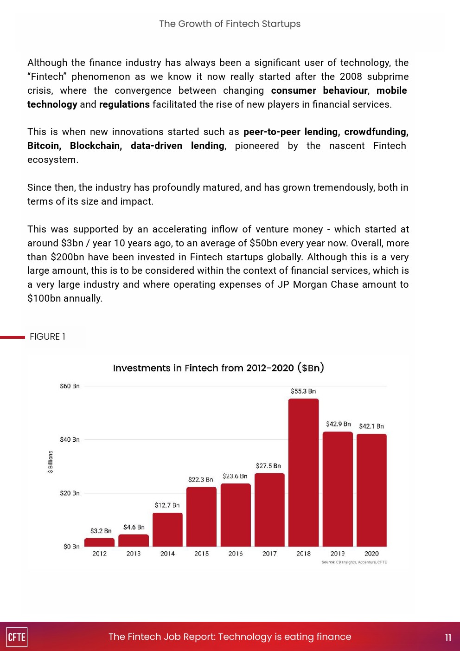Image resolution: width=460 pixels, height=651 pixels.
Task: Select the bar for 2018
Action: [x=303, y=472]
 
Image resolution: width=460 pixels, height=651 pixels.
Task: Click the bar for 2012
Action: [x=99, y=542]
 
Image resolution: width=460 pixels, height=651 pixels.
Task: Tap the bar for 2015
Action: [x=201, y=516]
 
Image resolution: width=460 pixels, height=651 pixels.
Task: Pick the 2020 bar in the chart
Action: [x=371, y=490]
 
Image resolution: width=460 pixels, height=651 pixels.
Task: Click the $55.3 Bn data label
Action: [x=303, y=391]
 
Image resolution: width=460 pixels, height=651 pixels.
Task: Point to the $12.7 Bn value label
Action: [x=167, y=505]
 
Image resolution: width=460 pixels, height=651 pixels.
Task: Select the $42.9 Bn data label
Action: [x=338, y=424]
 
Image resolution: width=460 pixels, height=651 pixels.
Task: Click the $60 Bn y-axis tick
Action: [x=70, y=386]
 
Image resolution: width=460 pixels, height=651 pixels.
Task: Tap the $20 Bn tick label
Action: [x=70, y=493]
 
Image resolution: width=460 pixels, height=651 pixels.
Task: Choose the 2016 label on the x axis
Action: [x=236, y=554]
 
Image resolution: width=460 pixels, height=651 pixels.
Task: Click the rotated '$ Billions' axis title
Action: [x=51, y=462]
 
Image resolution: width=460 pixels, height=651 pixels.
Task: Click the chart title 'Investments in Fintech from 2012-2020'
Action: [x=218, y=368]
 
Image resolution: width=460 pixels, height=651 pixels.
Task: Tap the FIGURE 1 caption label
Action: [x=47, y=336]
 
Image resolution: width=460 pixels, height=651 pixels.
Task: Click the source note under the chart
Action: [x=354, y=562]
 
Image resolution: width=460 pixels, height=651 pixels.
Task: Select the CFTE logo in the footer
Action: [x=17, y=637]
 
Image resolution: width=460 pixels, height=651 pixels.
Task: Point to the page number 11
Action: [x=448, y=637]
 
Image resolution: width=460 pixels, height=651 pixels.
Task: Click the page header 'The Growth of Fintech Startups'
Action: [x=230, y=24]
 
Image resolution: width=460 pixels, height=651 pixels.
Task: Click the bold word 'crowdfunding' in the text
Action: [x=376, y=132]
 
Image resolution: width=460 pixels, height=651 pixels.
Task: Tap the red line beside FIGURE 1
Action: [x=13, y=337]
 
